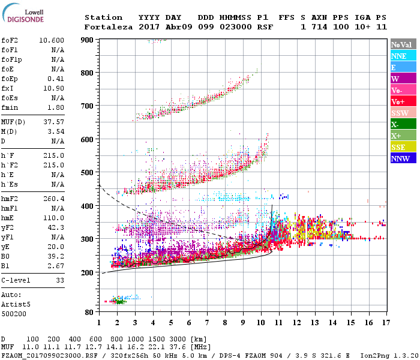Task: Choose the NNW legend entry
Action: [400, 159]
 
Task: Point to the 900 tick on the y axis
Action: [88, 40]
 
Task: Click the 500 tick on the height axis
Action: [88, 173]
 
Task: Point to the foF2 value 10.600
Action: [52, 40]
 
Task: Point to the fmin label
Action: [10, 107]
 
